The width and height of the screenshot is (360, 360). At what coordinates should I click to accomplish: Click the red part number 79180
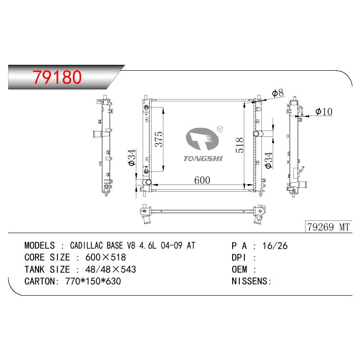coord(57,77)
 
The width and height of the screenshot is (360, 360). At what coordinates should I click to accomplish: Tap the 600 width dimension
coord(202,180)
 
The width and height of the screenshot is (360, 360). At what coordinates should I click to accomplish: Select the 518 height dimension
coord(240,145)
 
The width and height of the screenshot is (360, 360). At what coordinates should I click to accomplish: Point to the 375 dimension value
coord(158,139)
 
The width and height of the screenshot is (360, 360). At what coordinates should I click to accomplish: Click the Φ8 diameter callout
coord(278,93)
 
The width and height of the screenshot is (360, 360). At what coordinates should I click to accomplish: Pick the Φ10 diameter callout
coord(324,112)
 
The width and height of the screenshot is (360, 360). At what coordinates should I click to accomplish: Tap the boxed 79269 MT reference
coord(328,227)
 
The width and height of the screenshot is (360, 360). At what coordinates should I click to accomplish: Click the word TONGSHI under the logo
coord(203,159)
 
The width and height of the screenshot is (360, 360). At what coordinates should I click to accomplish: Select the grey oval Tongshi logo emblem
coord(202,139)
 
